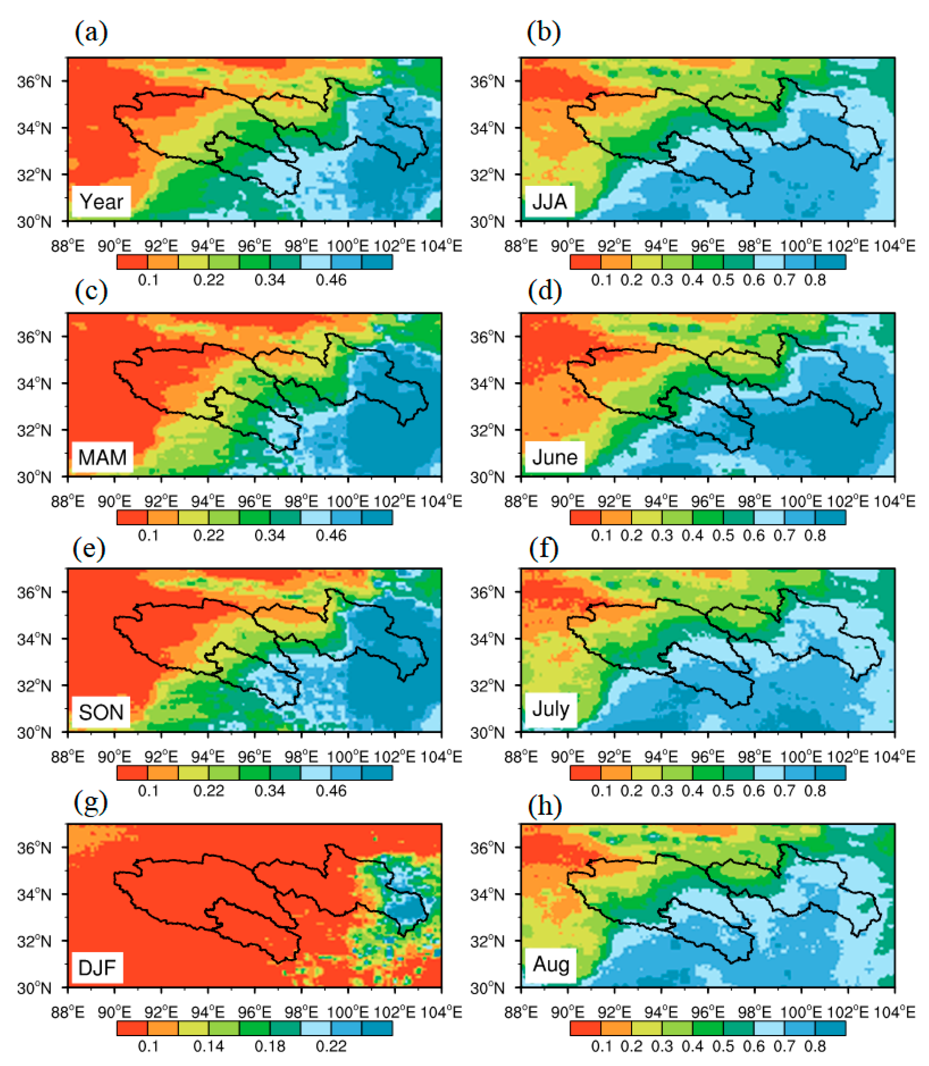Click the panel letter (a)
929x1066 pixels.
(91, 33)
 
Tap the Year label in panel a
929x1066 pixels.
(101, 202)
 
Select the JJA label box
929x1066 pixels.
(549, 202)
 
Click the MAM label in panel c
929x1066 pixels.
(102, 457)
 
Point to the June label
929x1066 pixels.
(554, 457)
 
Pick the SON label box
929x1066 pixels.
(101, 712)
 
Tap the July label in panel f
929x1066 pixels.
(551, 708)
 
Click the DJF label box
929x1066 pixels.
(97, 967)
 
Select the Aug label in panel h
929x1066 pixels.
(551, 964)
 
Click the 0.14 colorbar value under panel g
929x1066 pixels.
(208, 1046)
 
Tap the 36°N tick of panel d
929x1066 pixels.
(487, 337)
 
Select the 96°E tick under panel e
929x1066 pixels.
(255, 757)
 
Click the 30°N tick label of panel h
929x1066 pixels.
(487, 988)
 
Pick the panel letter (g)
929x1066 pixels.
(91, 803)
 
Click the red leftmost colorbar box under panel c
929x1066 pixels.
(132, 517)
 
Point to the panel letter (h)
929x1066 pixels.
(544, 803)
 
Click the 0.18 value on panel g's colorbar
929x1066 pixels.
(270, 1046)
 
